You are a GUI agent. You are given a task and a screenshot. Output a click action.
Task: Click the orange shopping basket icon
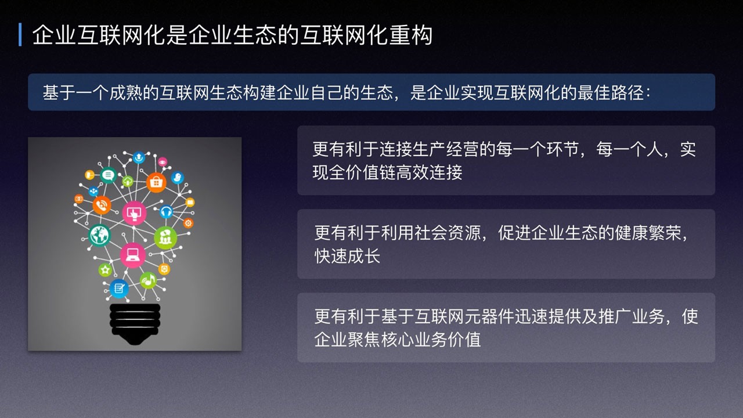coord(156,182)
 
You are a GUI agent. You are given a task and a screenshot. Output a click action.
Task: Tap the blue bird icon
coord(178,178)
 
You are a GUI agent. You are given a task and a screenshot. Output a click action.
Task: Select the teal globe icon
coord(99,235)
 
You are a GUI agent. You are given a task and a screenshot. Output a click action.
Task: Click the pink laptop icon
coord(133,255)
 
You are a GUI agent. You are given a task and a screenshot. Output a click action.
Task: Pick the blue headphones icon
coord(166,211)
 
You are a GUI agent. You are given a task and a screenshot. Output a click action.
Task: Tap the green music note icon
coord(148,280)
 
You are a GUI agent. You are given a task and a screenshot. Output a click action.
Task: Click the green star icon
coord(105,270)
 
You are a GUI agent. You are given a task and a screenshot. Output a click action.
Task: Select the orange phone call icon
coord(102,206)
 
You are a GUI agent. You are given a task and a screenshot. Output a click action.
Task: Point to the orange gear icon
coord(188,224)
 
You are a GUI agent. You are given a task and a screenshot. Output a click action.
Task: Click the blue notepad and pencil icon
coord(119,289)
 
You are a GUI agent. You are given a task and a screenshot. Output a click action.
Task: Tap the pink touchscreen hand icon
coord(134,213)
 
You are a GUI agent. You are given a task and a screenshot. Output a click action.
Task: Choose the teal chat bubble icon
coord(108,175)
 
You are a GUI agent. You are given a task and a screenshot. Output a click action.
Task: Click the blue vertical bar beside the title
coord(20,34)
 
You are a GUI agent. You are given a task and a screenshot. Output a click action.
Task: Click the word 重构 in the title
coord(410,35)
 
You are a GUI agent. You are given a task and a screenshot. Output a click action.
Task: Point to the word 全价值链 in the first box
coord(362,172)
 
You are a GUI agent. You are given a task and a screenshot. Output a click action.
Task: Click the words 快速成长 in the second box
coord(347,256)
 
